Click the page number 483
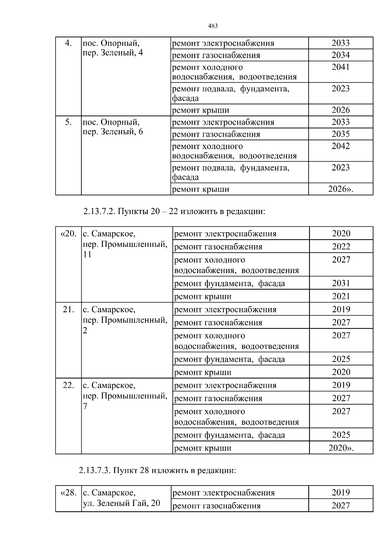212,26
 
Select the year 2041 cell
340,67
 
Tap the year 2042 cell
340,146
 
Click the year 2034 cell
340,55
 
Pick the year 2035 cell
340,134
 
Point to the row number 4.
68,43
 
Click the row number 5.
68,122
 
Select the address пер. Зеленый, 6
113,132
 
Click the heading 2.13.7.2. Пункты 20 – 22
174,212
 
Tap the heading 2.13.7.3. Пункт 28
157,470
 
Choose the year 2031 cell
341,283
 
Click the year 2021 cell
341,296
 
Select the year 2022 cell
341,246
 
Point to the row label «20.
68,234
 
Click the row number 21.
68,309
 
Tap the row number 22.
68,385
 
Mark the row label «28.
68,493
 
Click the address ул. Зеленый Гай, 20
122,503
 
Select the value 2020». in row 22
341,448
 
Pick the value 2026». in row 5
340,189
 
